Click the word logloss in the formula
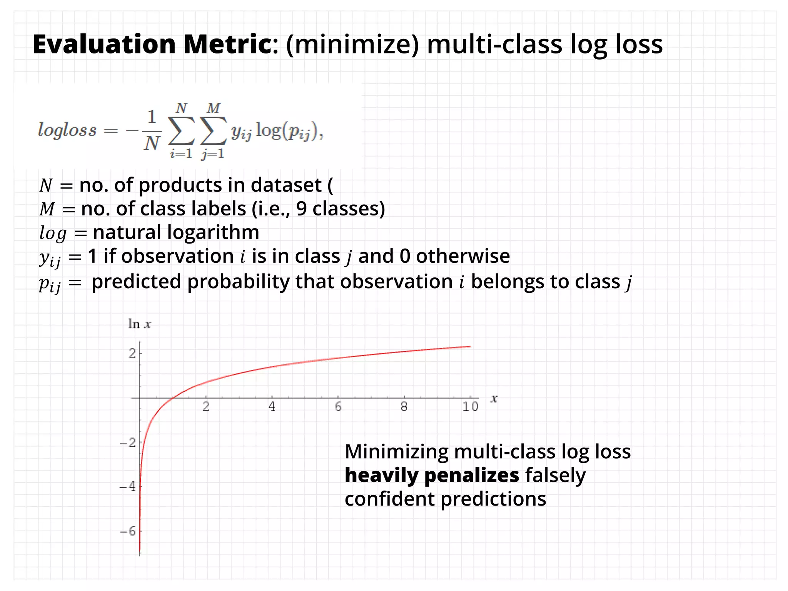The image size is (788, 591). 67,130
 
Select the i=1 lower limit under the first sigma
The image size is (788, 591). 181,154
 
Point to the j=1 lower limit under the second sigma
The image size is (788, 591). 212,154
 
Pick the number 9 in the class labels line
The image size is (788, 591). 301,209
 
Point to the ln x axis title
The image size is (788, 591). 139,324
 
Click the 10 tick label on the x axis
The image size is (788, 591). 470,407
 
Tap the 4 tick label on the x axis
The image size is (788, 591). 272,407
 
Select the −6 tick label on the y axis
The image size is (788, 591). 128,531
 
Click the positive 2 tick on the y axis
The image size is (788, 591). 132,353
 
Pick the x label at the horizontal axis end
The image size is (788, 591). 494,399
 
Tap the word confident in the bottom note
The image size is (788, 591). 389,499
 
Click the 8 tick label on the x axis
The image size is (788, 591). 404,407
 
